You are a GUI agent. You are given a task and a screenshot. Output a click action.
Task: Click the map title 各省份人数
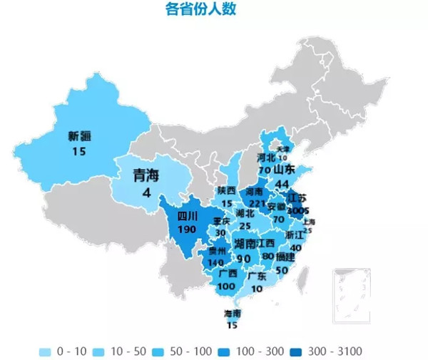coord(200,10)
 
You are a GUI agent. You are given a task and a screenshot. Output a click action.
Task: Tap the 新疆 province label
coord(80,135)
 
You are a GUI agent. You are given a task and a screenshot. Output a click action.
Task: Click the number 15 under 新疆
coord(79,150)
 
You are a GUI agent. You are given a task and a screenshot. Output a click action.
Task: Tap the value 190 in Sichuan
coord(187,230)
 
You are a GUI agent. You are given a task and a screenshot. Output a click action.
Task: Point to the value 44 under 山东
coord(282,184)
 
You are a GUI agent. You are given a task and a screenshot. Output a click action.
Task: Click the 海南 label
coord(233,314)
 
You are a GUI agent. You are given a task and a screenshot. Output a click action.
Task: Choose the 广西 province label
coord(228,273)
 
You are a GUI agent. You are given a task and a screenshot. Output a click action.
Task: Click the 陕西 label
coord(227,190)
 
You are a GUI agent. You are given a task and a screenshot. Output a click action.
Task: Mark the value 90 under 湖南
coord(243,258)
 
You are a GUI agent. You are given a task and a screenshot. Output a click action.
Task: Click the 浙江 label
coord(294,235)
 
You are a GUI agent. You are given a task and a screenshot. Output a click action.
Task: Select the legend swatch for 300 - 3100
coord(298,351)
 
